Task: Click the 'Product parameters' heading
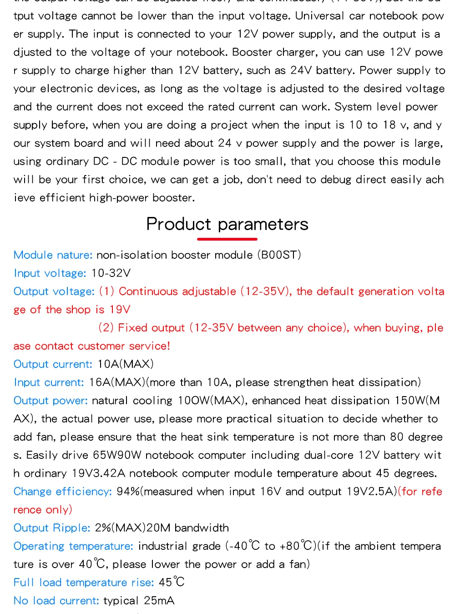click(227, 224)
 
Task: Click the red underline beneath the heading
click(227, 239)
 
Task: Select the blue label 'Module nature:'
click(53, 255)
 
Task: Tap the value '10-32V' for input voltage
click(111, 273)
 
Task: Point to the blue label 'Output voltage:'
click(54, 291)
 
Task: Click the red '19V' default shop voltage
click(120, 309)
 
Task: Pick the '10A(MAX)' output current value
click(126, 364)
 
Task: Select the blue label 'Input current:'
click(49, 382)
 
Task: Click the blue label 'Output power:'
click(51, 400)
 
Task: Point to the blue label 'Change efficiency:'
click(62, 491)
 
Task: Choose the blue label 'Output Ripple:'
click(52, 528)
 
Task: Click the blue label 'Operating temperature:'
click(73, 546)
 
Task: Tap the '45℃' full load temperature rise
click(172, 582)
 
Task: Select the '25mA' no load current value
click(159, 600)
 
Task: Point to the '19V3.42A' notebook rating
click(99, 473)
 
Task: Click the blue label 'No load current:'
click(56, 600)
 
